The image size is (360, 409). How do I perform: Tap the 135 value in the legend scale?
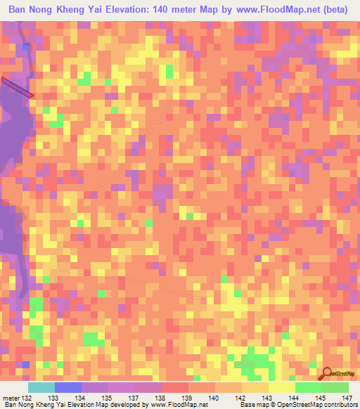pyautogui.click(x=107, y=398)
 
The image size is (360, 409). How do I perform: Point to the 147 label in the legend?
pyautogui.click(x=347, y=398)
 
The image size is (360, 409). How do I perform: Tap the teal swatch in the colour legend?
pyautogui.click(x=41, y=387)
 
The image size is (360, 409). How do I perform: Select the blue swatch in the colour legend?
pyautogui.click(x=68, y=387)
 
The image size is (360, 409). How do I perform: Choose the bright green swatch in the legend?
pyautogui.click(x=309, y=387)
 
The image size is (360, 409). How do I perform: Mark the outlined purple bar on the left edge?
pyautogui.click(x=17, y=87)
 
